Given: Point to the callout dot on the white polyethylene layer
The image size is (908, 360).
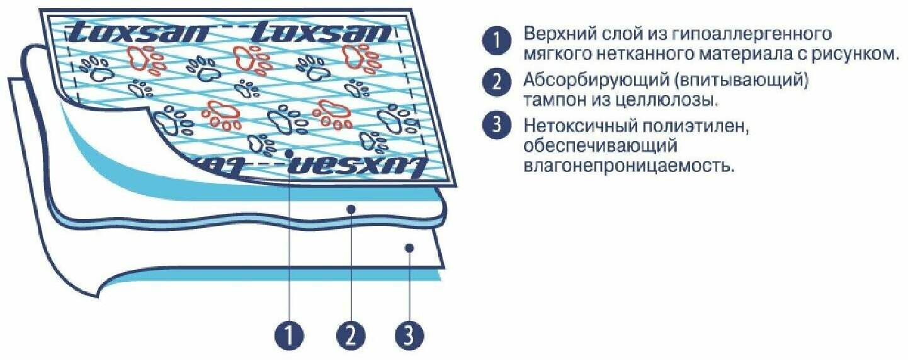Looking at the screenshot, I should pos(409,248).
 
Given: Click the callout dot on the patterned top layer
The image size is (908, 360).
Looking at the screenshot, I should pos(288,152).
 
